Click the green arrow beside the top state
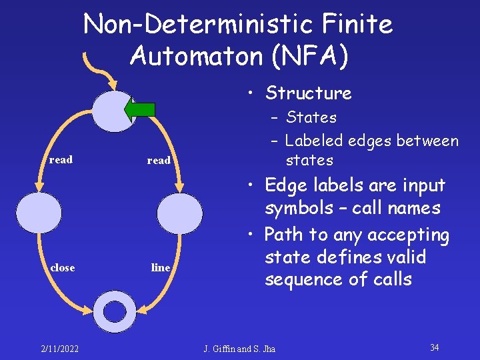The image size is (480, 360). pyautogui.click(x=141, y=109)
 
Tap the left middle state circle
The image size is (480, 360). pyautogui.click(x=39, y=213)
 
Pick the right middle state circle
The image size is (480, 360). pyautogui.click(x=180, y=213)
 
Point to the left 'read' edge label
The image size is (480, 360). pyautogui.click(x=61, y=160)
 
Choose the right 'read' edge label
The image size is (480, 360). pyautogui.click(x=159, y=161)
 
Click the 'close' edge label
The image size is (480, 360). pyautogui.click(x=63, y=267)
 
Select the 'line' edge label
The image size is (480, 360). pyautogui.click(x=161, y=268)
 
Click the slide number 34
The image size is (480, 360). pyautogui.click(x=435, y=347)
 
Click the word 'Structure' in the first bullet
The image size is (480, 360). pyautogui.click(x=308, y=93)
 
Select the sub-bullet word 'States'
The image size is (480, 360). pyautogui.click(x=311, y=118)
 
